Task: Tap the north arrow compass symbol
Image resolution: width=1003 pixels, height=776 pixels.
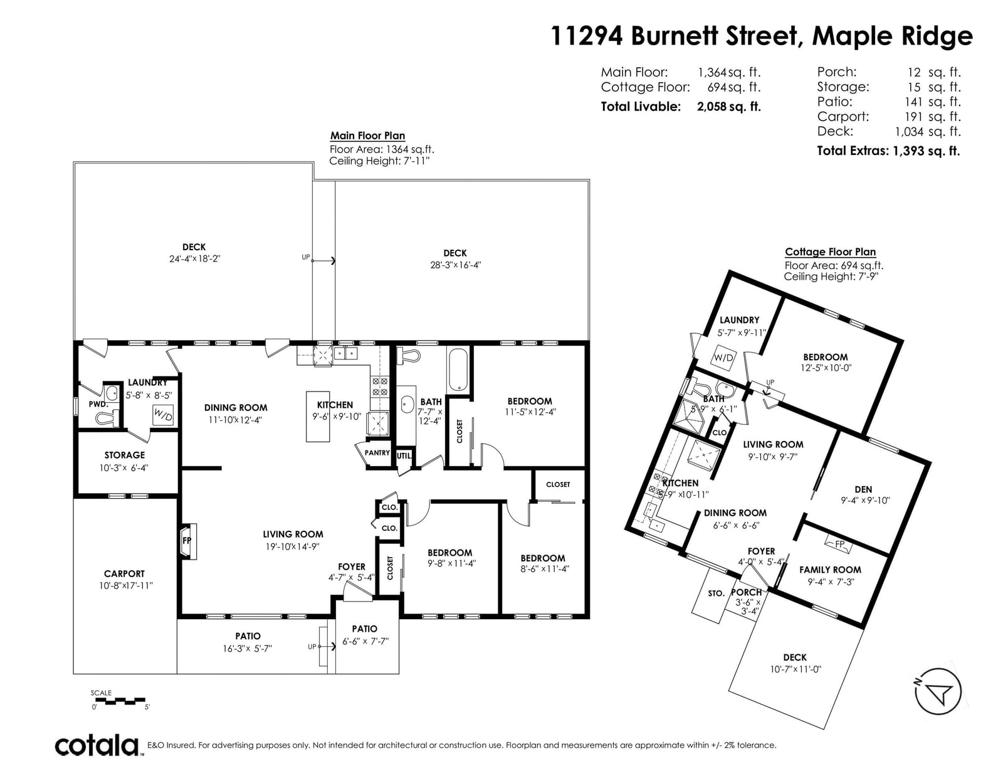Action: pyautogui.click(x=938, y=692)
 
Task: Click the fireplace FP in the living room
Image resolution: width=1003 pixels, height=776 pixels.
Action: pyautogui.click(x=187, y=541)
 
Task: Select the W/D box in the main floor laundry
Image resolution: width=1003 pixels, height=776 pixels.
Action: pyautogui.click(x=163, y=414)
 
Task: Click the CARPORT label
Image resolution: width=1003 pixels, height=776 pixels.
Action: pyautogui.click(x=124, y=573)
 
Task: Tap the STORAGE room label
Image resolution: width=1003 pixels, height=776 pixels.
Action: pyautogui.click(x=125, y=455)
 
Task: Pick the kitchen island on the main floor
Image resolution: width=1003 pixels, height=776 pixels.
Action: pyautogui.click(x=318, y=416)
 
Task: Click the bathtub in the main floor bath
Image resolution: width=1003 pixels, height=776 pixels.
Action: pyautogui.click(x=458, y=369)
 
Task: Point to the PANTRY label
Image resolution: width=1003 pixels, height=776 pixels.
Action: pyautogui.click(x=377, y=453)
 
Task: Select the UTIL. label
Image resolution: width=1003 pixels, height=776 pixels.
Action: pyautogui.click(x=404, y=455)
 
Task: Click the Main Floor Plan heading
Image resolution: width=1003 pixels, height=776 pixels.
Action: pyautogui.click(x=367, y=136)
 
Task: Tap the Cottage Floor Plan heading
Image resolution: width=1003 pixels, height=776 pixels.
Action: pyautogui.click(x=831, y=252)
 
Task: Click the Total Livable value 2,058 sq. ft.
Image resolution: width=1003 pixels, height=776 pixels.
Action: pyautogui.click(x=729, y=107)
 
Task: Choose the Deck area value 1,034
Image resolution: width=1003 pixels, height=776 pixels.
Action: pyautogui.click(x=910, y=132)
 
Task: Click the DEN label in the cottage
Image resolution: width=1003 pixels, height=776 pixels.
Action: pyautogui.click(x=863, y=489)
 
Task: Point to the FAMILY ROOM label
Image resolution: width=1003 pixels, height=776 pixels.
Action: pyautogui.click(x=830, y=570)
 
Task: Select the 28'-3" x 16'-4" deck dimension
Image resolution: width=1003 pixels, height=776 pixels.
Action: pyautogui.click(x=456, y=265)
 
